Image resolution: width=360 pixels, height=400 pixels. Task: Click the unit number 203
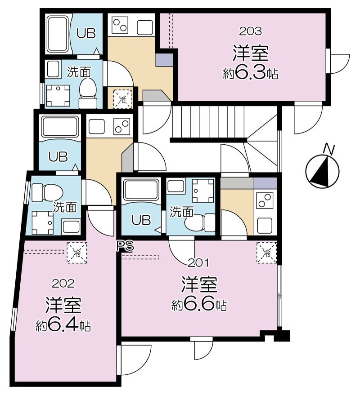pyautogui.click(x=250, y=31)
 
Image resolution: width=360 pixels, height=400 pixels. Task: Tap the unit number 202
pyautogui.click(x=63, y=284)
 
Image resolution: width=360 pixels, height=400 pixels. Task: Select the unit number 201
pyautogui.click(x=198, y=263)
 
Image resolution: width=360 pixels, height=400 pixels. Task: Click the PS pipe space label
pyautogui.click(x=125, y=246)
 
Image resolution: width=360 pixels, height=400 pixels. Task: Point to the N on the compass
pyautogui.click(x=329, y=149)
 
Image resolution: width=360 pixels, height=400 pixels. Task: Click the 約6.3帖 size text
pyautogui.click(x=250, y=74)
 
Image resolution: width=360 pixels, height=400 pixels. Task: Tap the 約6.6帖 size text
pyautogui.click(x=199, y=305)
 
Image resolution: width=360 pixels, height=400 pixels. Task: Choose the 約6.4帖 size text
pyautogui.click(x=63, y=325)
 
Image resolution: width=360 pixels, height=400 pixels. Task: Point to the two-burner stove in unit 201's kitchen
pyautogui.click(x=265, y=201)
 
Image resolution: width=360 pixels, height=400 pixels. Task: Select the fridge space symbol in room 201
pyautogui.click(x=267, y=253)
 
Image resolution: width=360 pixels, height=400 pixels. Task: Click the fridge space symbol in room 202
pyautogui.click(x=77, y=253)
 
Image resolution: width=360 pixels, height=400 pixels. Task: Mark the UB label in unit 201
pyautogui.click(x=141, y=220)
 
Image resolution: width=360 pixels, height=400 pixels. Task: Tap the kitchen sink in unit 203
pyautogui.click(x=145, y=27)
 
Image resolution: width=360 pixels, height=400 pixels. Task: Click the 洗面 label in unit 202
pyautogui.click(x=65, y=207)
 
